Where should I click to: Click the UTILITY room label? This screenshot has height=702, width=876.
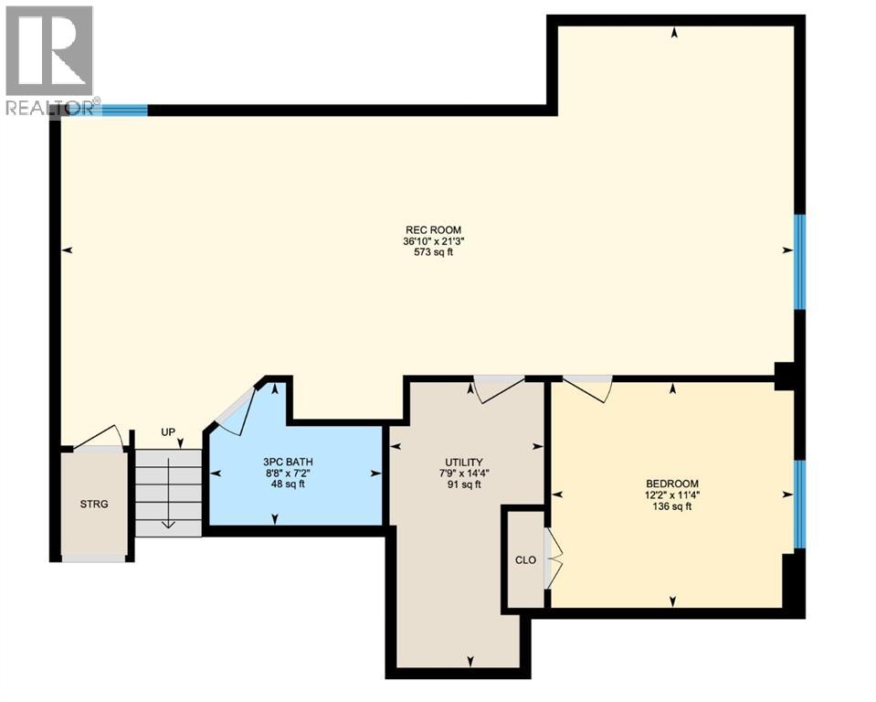click(x=464, y=463)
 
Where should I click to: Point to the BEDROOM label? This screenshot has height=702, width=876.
click(x=671, y=484)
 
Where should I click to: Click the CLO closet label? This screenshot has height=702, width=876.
click(x=524, y=560)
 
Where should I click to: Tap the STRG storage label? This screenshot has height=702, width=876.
click(x=94, y=504)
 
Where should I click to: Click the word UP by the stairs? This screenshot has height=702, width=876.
click(x=168, y=432)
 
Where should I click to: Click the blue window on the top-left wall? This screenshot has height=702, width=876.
click(x=123, y=110)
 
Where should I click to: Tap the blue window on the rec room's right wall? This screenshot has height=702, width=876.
click(x=799, y=261)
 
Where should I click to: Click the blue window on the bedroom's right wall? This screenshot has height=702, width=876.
click(x=799, y=504)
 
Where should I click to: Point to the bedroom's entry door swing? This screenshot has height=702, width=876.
click(x=589, y=388)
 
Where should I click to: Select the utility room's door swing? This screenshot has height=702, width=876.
click(x=497, y=388)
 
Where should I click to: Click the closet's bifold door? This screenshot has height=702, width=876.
click(x=553, y=558)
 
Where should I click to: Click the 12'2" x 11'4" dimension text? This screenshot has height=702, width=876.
click(x=671, y=495)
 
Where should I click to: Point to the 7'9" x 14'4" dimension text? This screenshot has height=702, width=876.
click(x=464, y=473)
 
